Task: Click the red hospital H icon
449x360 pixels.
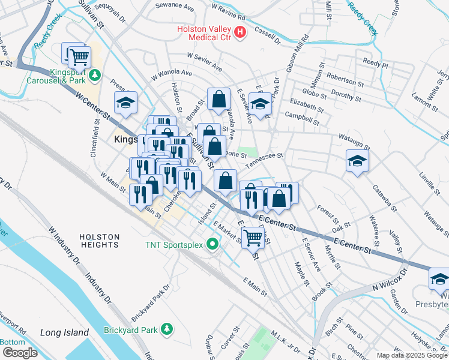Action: click(240, 32)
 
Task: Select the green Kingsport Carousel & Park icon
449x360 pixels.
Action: click(95, 76)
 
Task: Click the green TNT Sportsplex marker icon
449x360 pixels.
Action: click(212, 244)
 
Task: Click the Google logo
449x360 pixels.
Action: click(20, 353)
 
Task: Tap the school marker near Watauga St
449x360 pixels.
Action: click(357, 161)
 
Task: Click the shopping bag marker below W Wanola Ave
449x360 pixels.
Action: click(220, 99)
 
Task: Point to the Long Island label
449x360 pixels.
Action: click(60, 332)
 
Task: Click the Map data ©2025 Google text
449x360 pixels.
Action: click(412, 355)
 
